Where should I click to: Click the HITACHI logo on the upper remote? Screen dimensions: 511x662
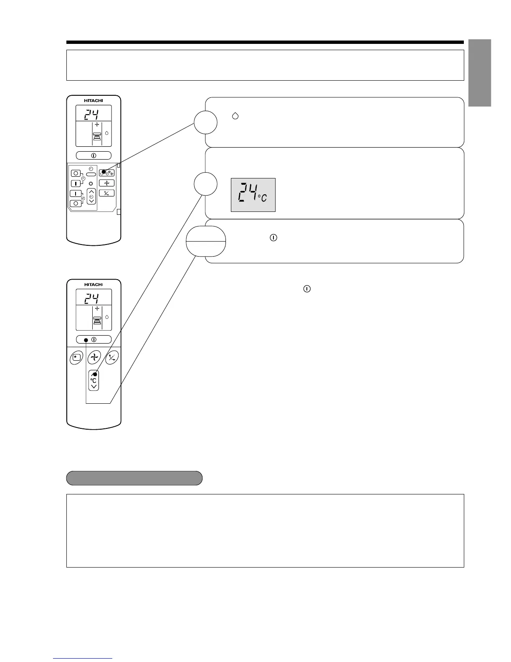94,100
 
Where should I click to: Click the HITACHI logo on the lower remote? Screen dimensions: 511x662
94,285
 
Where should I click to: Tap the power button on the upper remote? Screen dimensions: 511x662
94,155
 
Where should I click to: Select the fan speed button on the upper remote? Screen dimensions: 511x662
106,183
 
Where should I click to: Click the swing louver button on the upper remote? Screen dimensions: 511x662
106,193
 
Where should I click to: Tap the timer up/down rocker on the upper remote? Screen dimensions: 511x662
91,196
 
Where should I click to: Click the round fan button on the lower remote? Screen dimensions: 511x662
94,357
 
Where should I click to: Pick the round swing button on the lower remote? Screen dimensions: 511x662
112,357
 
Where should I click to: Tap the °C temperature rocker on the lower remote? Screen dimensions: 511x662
94,380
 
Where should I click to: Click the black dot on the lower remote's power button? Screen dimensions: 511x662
86,339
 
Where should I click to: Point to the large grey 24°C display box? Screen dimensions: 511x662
253,195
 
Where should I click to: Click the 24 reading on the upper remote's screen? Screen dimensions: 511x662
91,114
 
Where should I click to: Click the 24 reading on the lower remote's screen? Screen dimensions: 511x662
91,298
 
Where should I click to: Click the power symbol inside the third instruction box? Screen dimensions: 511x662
273,237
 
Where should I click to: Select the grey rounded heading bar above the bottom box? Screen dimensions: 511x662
134,478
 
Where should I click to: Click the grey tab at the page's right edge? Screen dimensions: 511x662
480,73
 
